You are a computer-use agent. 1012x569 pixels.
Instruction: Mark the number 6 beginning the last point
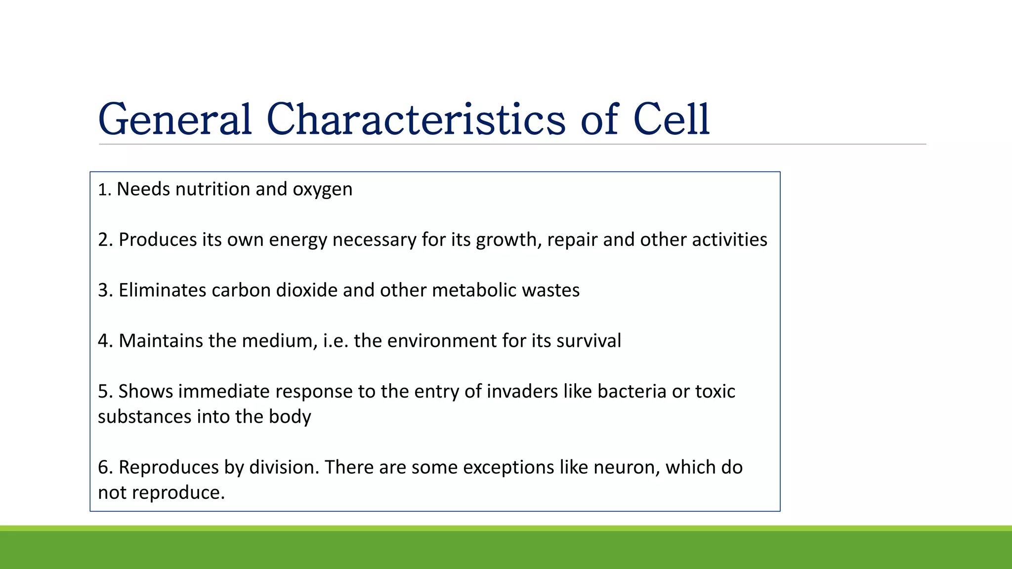(103, 467)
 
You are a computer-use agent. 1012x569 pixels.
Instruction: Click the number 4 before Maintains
(103, 341)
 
